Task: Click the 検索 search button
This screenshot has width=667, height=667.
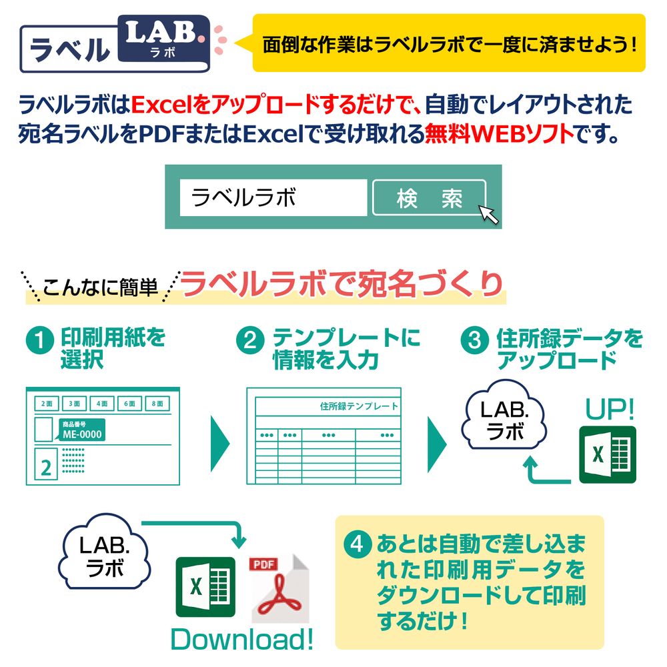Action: coord(428,198)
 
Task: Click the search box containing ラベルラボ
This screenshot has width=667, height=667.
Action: coord(273,197)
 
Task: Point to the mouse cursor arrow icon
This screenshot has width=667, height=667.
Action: coord(489,215)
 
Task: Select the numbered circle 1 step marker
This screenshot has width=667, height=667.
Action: coord(39,342)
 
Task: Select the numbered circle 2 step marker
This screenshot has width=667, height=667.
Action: coord(250,342)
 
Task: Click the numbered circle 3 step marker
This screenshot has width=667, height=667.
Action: coord(475,342)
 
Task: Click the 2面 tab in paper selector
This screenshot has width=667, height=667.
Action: coord(46,404)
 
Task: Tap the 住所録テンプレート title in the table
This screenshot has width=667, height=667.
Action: coord(358,406)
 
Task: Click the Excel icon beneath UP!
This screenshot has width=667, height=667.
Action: coord(607,454)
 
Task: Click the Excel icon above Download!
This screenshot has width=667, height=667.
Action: coord(205,587)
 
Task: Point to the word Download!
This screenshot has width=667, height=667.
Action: coord(241,639)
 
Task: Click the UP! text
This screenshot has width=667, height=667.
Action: coord(610,410)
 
